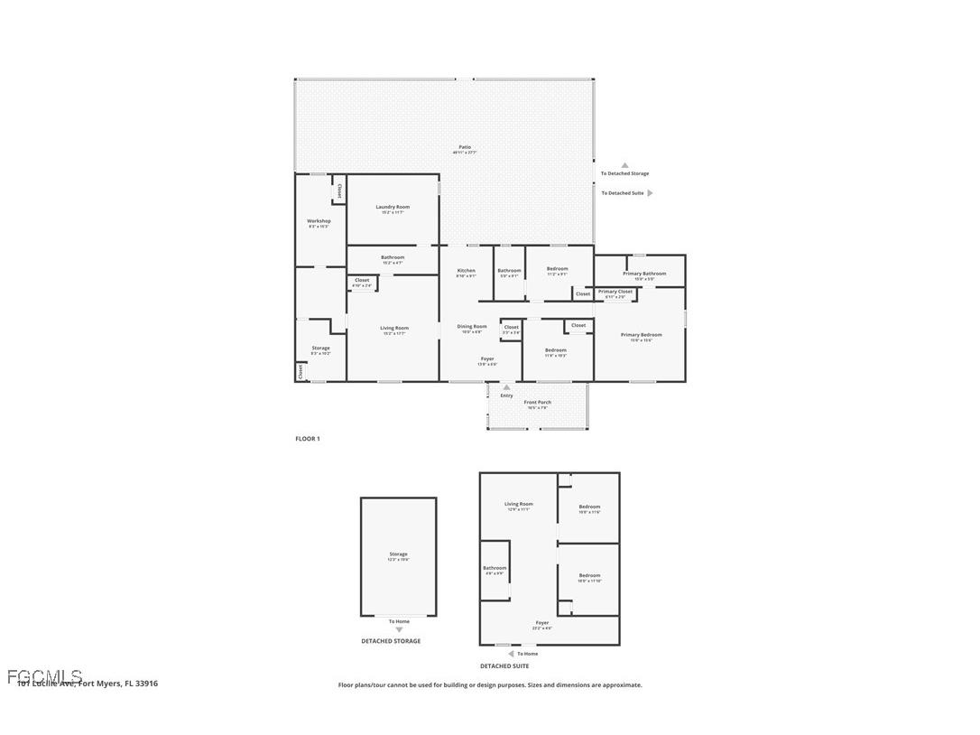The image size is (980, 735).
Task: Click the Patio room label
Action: tap(465, 147)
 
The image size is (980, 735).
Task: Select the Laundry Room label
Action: tap(393, 208)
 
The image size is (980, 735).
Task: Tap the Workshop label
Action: tap(319, 221)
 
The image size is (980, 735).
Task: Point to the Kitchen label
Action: tap(466, 271)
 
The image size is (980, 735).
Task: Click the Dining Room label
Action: tap(471, 327)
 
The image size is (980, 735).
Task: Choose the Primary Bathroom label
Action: tap(644, 274)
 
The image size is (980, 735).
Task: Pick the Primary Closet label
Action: tap(615, 292)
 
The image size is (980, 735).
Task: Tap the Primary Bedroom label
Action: tap(641, 335)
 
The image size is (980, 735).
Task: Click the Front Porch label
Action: tap(537, 403)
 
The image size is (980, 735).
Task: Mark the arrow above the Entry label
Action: tap(506, 387)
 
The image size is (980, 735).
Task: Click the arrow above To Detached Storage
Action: tap(624, 165)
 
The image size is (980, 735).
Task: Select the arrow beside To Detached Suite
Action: tap(650, 193)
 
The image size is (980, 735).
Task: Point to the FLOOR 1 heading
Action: tap(307, 439)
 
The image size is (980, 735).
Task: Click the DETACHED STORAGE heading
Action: tap(391, 641)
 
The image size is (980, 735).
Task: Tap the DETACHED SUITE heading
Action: tap(504, 666)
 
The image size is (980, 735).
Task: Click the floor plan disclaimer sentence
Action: tap(490, 685)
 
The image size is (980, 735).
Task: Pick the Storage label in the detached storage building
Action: tap(398, 554)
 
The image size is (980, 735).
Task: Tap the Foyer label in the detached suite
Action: tap(541, 623)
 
